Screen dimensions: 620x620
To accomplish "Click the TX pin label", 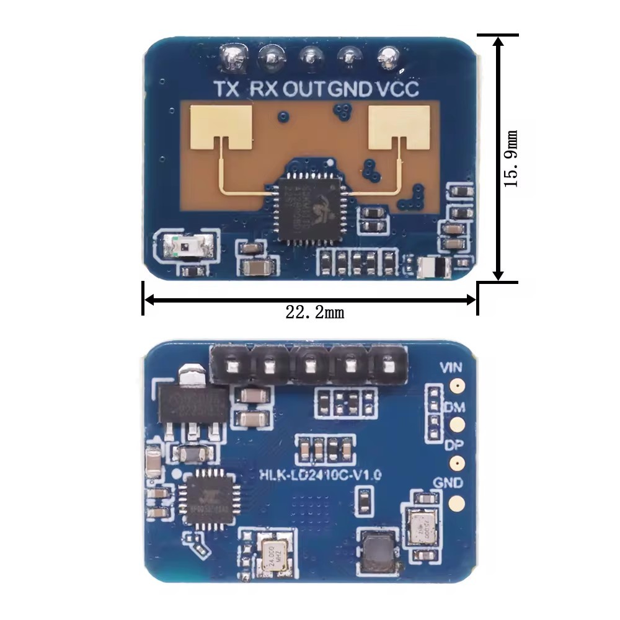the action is pyautogui.click(x=226, y=89).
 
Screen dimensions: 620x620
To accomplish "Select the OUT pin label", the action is pyautogui.click(x=304, y=89).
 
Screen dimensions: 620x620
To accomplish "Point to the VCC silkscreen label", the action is pyautogui.click(x=397, y=89).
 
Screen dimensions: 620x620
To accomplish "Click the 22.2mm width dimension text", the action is pyautogui.click(x=314, y=312).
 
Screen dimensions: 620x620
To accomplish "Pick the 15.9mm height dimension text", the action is pyautogui.click(x=511, y=159).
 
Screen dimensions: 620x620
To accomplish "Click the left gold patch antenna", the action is pyautogui.click(x=221, y=127).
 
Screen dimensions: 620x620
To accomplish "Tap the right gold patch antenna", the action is pyautogui.click(x=399, y=127).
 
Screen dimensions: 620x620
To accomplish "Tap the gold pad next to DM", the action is pyautogui.click(x=458, y=425).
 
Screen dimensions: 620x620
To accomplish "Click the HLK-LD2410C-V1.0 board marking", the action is pyautogui.click(x=319, y=474).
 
